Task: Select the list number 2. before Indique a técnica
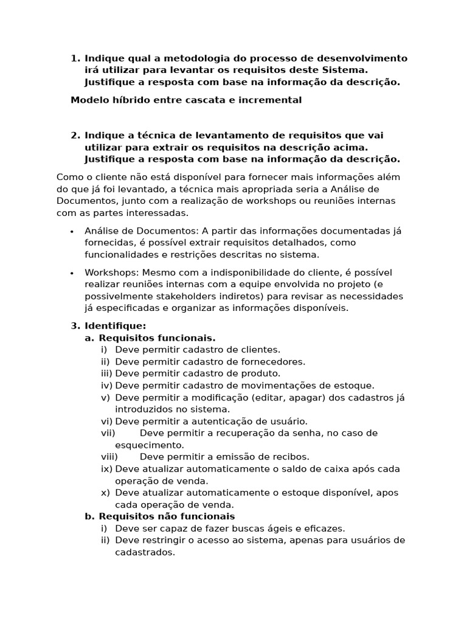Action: [x=75, y=135]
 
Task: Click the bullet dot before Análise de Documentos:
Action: [x=72, y=231]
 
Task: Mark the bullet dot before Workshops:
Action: [x=72, y=273]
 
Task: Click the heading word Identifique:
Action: [x=116, y=326]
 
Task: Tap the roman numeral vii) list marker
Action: [x=108, y=433]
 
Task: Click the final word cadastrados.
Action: [x=145, y=552]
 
